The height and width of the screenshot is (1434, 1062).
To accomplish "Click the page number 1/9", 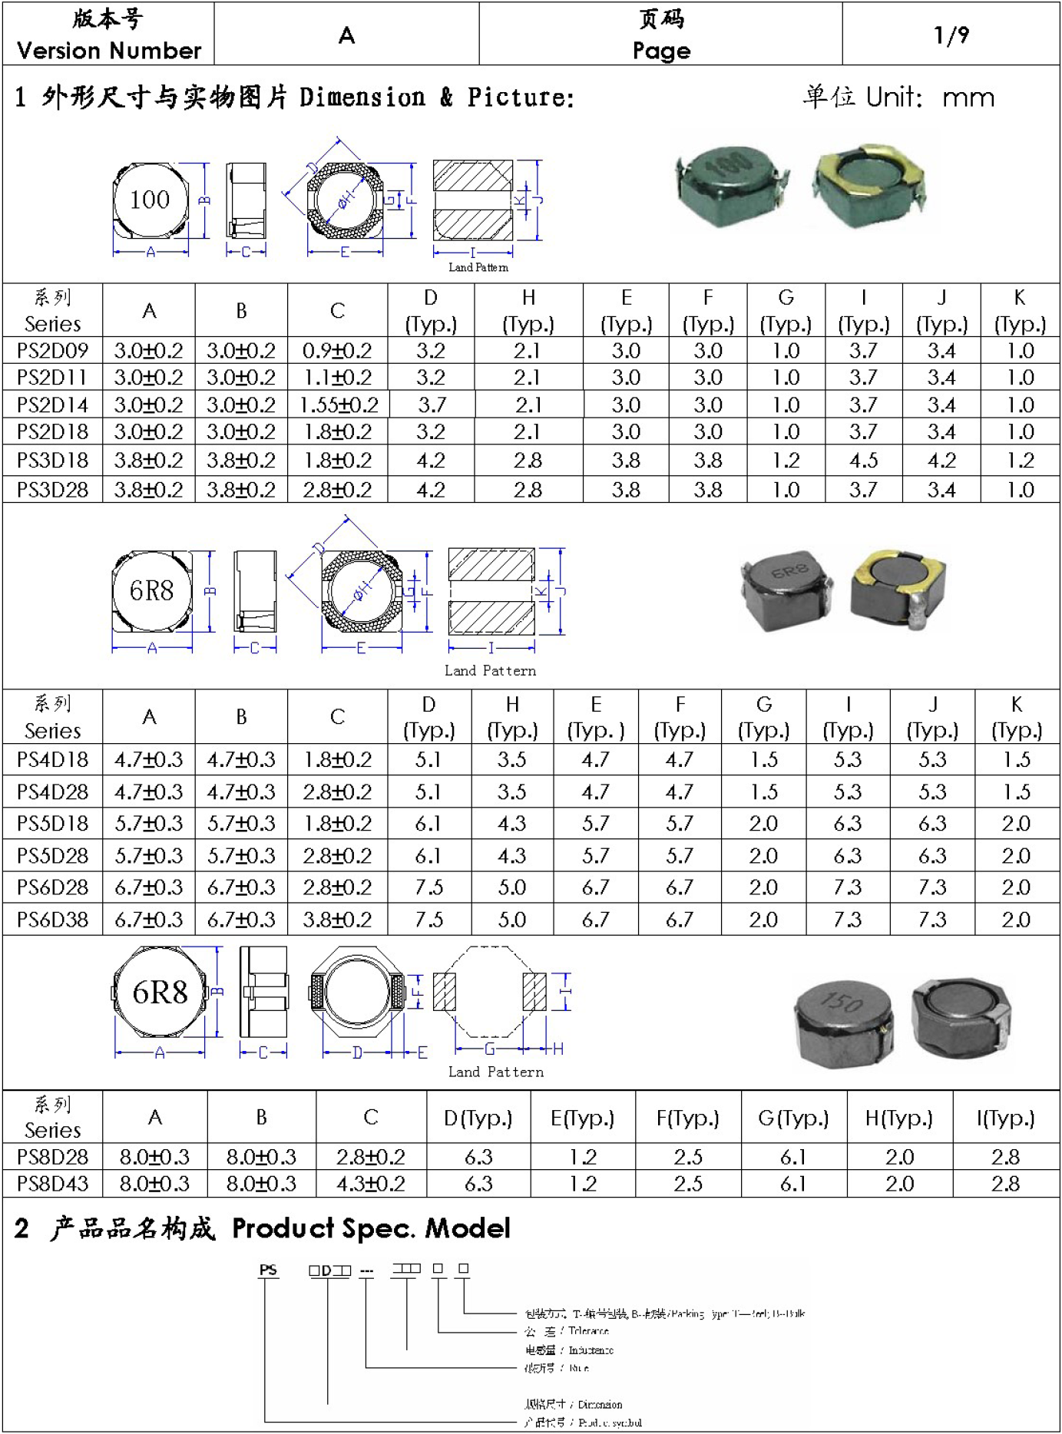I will click(x=951, y=35).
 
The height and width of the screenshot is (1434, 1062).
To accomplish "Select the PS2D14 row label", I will click(x=52, y=405).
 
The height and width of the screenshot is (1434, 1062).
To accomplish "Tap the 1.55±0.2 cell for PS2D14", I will click(x=339, y=405).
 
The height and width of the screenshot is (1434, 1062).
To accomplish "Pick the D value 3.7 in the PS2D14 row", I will click(x=432, y=405).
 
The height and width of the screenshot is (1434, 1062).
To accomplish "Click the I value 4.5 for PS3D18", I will click(x=863, y=461).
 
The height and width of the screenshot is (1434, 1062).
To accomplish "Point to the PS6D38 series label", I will click(x=52, y=919).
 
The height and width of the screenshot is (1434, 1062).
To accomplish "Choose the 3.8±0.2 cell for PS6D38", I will click(x=337, y=919).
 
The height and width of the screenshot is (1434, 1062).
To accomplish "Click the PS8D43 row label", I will click(x=52, y=1184).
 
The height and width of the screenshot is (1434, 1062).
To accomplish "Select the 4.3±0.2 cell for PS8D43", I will click(x=370, y=1184).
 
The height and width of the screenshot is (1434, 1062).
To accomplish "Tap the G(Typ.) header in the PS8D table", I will click(x=793, y=1118).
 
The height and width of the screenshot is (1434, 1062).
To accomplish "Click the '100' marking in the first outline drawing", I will click(x=150, y=200).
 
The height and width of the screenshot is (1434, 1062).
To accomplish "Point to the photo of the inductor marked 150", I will click(x=843, y=1020).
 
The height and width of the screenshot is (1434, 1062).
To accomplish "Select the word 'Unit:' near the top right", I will click(x=894, y=97).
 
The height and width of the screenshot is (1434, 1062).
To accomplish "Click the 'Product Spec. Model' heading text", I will click(x=371, y=1228).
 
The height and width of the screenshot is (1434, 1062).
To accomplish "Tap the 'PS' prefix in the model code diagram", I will click(x=268, y=1270).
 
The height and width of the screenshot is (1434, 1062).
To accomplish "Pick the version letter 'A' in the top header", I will click(x=346, y=35).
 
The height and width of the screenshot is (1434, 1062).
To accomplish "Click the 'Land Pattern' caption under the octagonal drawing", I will click(x=495, y=1072).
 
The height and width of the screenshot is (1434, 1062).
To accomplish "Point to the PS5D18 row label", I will click(x=52, y=824).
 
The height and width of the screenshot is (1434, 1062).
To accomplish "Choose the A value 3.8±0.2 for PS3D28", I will click(x=149, y=490).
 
